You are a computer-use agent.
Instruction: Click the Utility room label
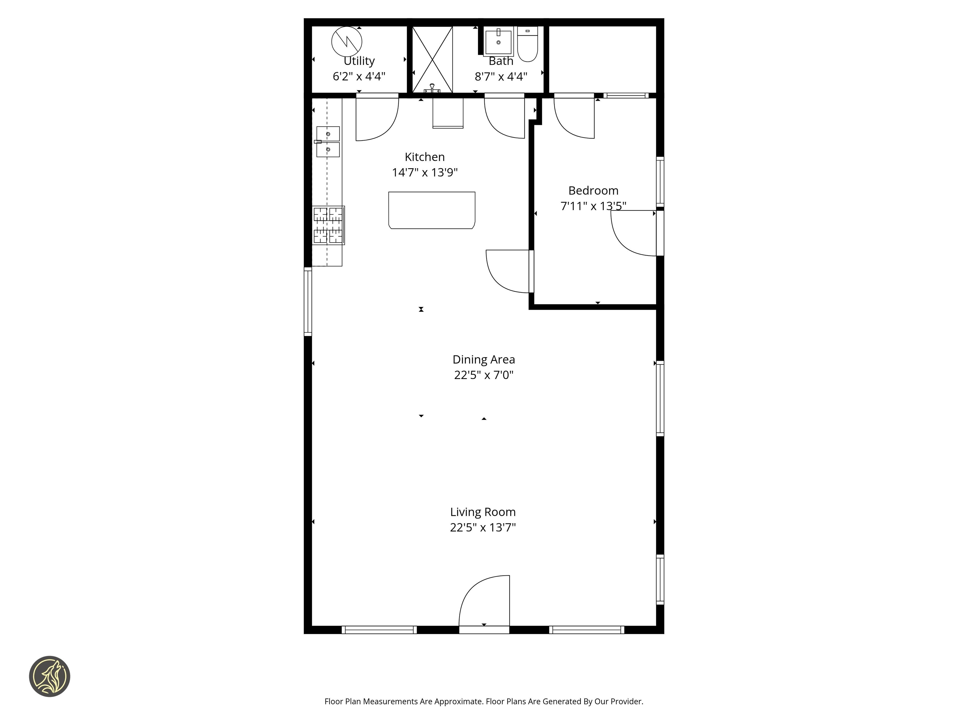pos(359,61)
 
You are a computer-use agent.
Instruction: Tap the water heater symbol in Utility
pos(347,42)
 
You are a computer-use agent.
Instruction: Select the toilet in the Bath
pos(527,44)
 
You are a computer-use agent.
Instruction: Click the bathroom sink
pos(498,42)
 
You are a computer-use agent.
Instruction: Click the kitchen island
pos(431,210)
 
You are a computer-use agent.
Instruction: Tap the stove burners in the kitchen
pos(328,225)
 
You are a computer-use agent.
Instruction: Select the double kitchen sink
pos(328,141)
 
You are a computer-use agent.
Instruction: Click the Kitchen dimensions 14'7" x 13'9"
pos(424,172)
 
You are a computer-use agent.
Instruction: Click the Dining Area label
pos(484,359)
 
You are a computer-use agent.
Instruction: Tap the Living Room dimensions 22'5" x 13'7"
pos(483,527)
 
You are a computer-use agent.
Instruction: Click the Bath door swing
pos(504,117)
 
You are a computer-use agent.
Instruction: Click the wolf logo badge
pos(49,676)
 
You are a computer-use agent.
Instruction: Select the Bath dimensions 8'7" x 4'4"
pos(501,77)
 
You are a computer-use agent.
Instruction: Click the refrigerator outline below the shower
pos(448,113)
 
